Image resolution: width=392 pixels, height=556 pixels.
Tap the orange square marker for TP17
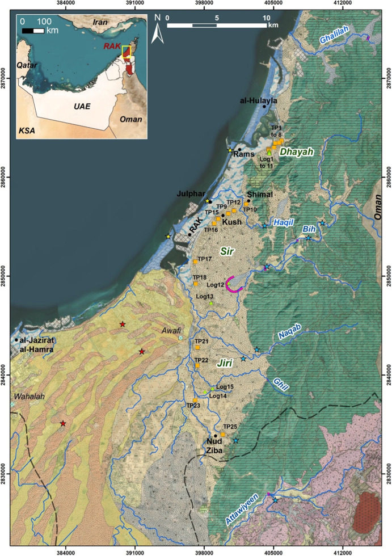(195, 262)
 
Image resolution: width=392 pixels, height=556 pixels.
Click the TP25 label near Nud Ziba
(230, 426)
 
